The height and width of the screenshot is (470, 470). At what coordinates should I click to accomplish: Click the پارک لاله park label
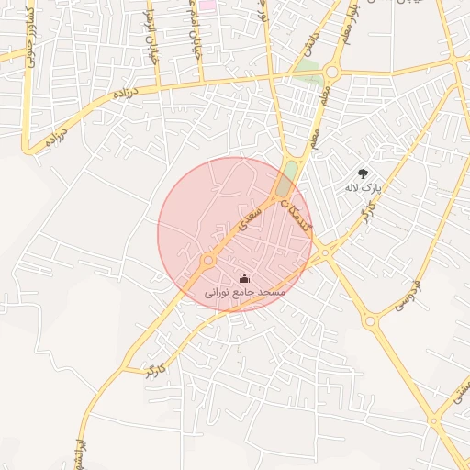(362, 187)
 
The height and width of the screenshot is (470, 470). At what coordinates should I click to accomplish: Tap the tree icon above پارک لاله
(363, 172)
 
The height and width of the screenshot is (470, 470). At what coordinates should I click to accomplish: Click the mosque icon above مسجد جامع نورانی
(244, 277)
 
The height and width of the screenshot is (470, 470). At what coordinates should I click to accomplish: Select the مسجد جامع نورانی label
(244, 291)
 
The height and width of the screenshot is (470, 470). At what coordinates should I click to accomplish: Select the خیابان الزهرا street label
(152, 38)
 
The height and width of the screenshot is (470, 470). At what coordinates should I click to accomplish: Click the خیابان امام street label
(196, 32)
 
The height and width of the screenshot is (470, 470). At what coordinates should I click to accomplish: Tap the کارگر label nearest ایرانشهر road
(156, 369)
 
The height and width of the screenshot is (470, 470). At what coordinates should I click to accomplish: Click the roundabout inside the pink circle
(208, 261)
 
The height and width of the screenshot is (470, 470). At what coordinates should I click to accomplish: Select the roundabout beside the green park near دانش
(330, 72)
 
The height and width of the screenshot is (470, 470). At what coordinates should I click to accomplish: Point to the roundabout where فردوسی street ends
(370, 320)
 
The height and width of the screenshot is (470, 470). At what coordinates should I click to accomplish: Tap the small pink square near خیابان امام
(207, 5)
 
